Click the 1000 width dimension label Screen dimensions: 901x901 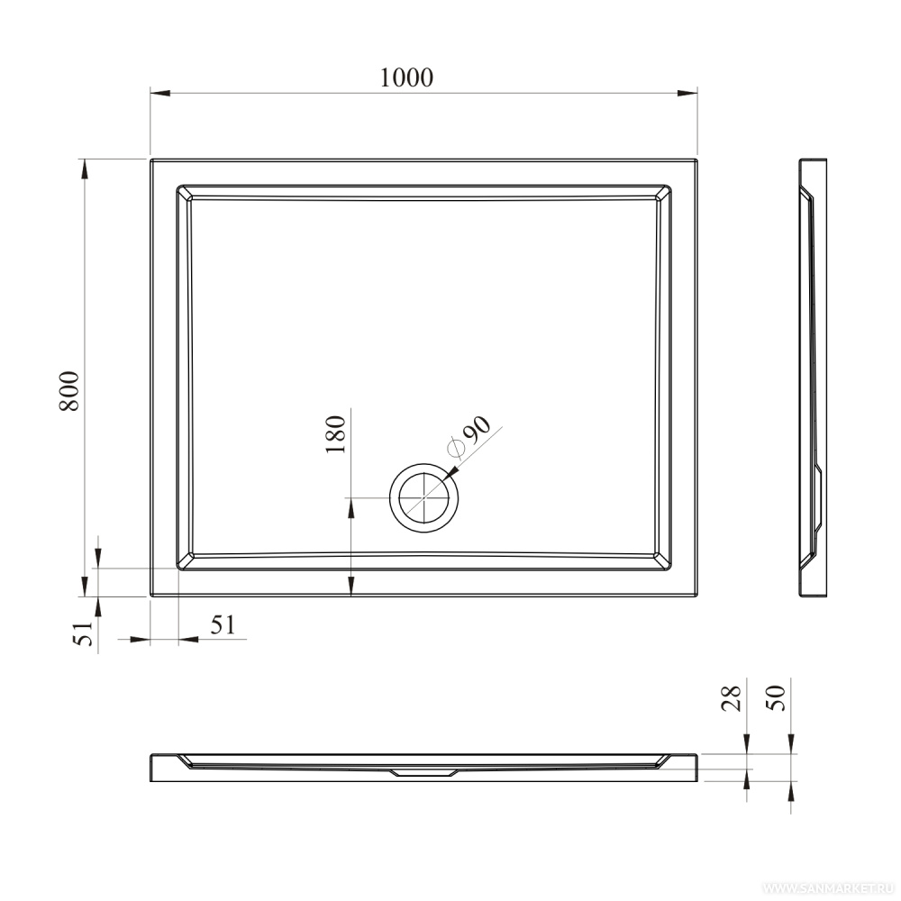(x=406, y=77)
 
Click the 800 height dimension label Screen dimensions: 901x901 (x=69, y=391)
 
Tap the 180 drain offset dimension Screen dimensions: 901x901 (x=335, y=434)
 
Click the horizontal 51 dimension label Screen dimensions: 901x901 (x=223, y=624)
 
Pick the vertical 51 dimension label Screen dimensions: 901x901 (x=84, y=633)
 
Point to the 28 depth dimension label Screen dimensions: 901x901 (x=732, y=699)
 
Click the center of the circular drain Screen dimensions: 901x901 (x=424, y=497)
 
